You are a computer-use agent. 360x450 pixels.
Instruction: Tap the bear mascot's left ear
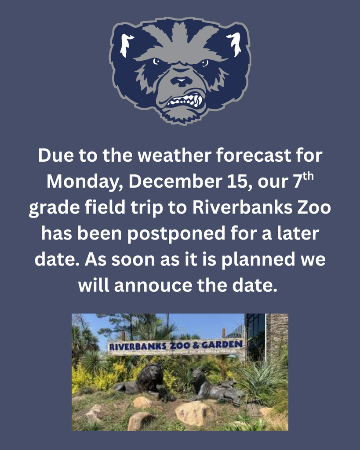(x=127, y=44)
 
